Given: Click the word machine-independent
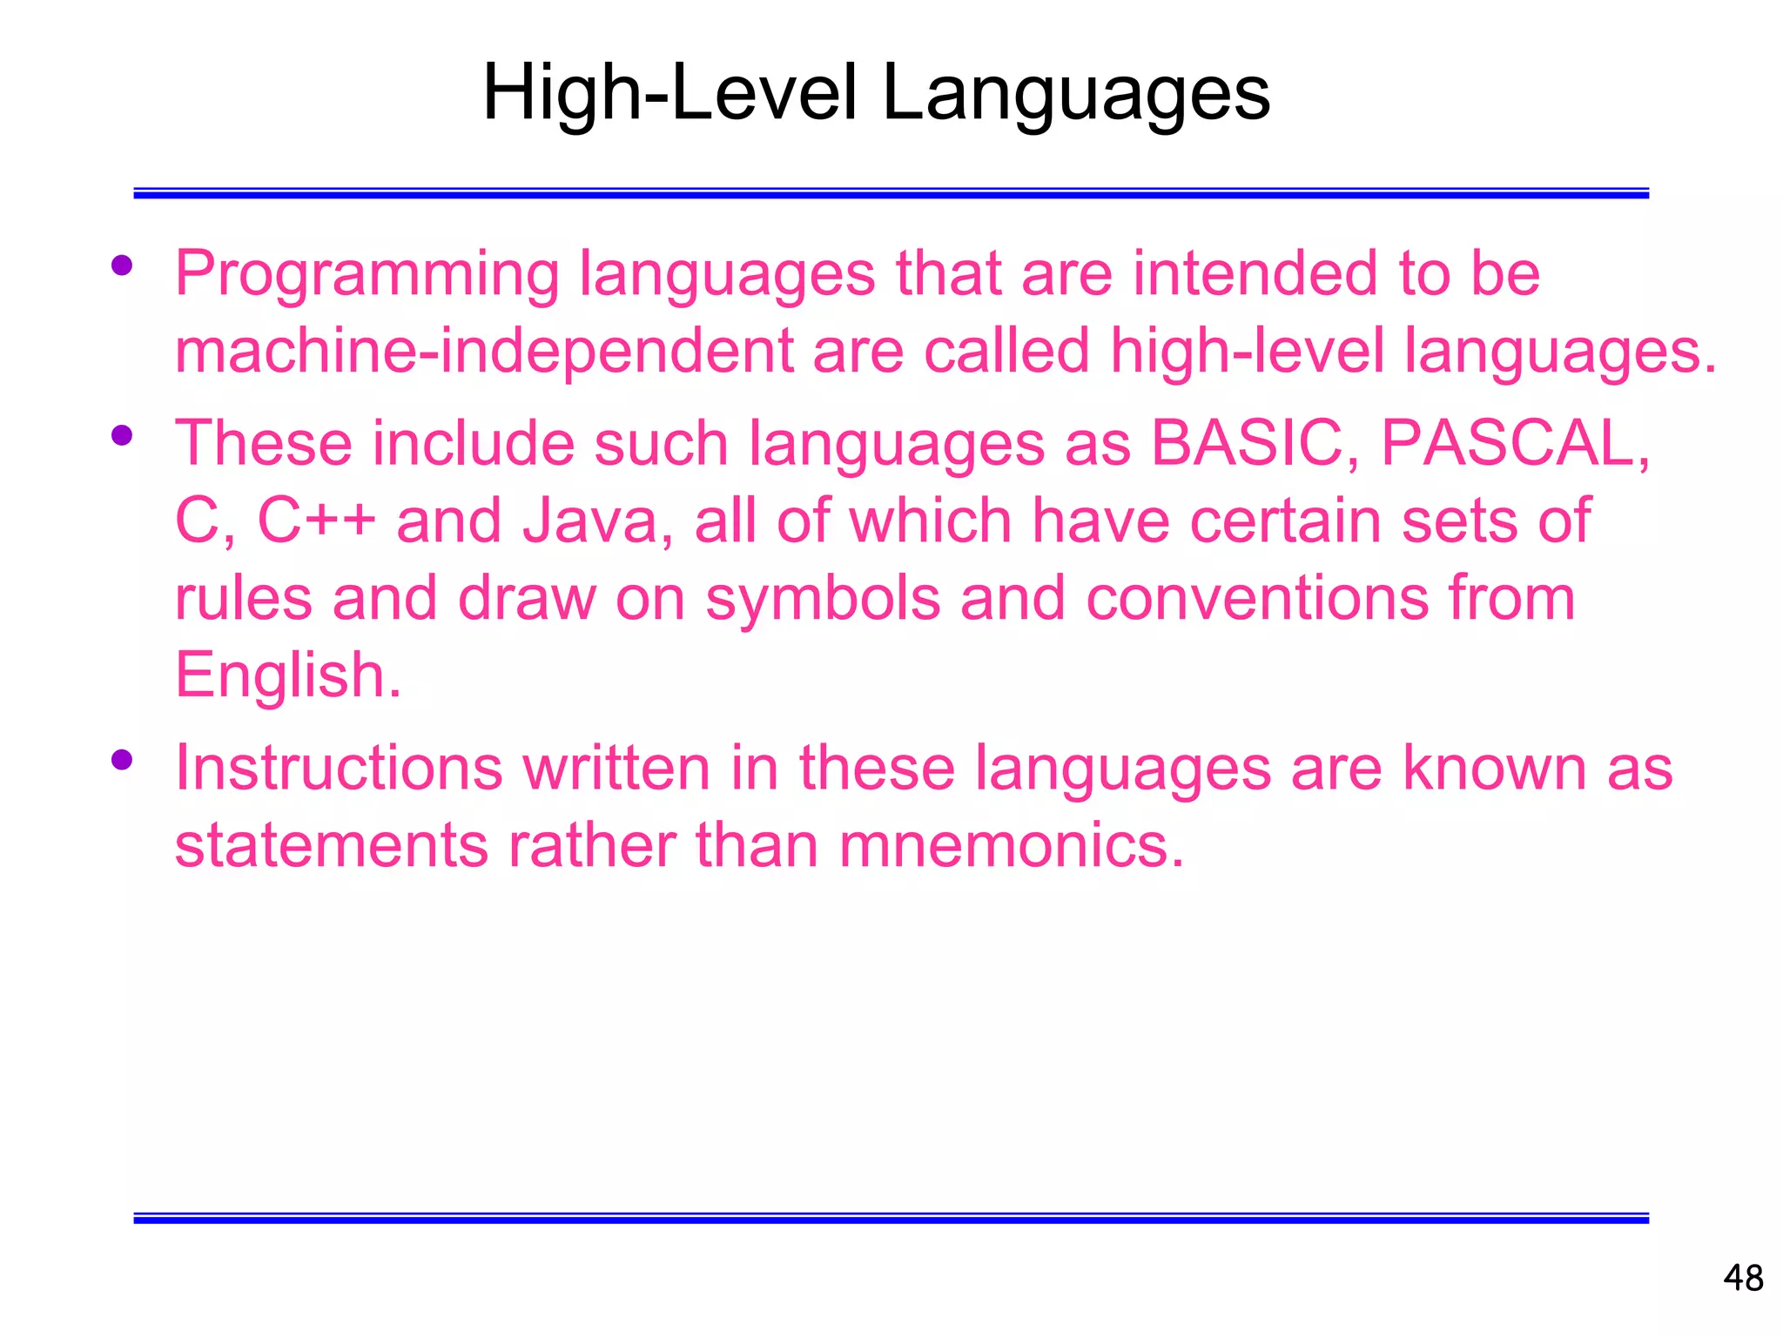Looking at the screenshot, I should tap(484, 351).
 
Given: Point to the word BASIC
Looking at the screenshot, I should tap(1246, 442).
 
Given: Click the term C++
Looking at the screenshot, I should tap(317, 521).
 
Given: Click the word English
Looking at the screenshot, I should tap(288, 675).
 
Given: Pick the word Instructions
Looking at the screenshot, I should tap(339, 768).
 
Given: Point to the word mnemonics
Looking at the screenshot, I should tap(1012, 845).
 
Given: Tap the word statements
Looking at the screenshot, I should tap(331, 845).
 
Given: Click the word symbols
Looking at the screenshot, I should tap(823, 598).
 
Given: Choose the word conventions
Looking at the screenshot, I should tap(1256, 598).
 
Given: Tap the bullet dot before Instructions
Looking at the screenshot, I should tap(122, 759).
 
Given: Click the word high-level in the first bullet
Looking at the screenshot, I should tap(1247, 351).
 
